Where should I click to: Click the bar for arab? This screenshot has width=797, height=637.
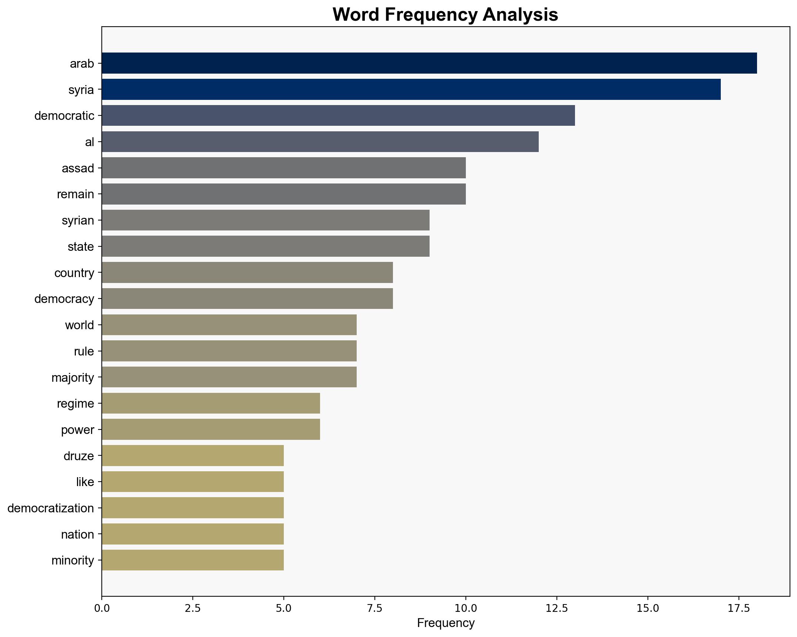[429, 63]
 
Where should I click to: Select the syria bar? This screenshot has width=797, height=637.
[411, 90]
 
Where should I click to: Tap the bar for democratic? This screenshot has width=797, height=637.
[338, 115]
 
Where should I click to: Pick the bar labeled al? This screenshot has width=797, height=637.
[320, 142]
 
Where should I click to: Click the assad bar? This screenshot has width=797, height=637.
[284, 168]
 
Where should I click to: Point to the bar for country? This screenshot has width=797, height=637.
[247, 273]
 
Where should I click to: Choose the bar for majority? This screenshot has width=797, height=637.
[229, 377]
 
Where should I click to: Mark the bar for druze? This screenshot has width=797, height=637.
[193, 456]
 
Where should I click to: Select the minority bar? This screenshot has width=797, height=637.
[193, 560]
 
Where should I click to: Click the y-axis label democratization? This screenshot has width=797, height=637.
[51, 508]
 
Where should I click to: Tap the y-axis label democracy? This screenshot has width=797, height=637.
[64, 299]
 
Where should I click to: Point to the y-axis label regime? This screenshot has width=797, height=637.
[75, 404]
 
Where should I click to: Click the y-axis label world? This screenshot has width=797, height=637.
[80, 325]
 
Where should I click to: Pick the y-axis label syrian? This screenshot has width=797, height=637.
[78, 220]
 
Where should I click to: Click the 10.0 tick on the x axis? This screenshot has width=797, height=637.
[465, 608]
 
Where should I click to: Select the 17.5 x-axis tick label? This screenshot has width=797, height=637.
[739, 608]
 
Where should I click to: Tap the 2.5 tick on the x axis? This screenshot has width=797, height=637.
[193, 608]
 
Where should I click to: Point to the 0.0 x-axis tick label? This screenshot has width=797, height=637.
[102, 608]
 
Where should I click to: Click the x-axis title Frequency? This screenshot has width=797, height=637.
[445, 623]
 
